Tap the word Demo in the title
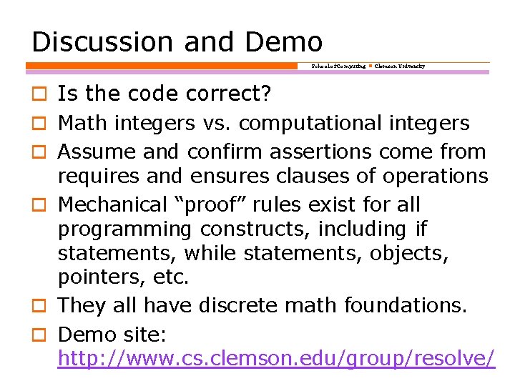tap(284, 41)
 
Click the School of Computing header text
tap(338, 66)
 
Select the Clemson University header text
tap(400, 66)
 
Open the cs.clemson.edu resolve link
tap(276, 358)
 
